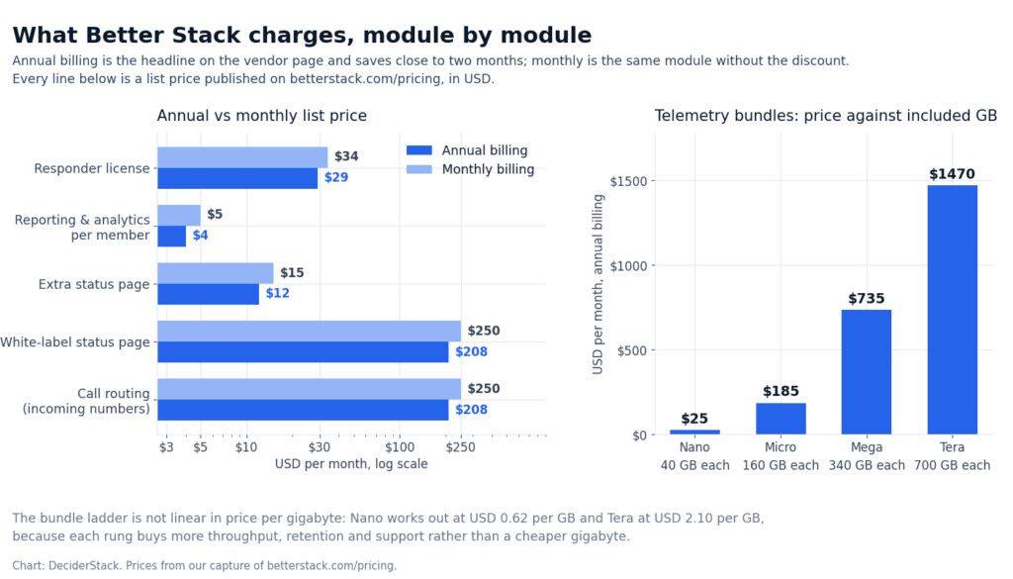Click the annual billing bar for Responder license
237,178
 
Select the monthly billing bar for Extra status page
215,273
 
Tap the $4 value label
200,236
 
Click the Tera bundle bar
953,310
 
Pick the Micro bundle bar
781,419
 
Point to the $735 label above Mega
867,299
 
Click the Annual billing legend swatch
418,150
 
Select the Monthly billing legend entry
470,169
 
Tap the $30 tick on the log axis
320,447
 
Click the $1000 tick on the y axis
628,265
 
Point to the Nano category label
694,447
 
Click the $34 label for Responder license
346,156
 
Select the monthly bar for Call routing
309,389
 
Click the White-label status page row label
75,341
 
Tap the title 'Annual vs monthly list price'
261,116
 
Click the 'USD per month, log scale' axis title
351,464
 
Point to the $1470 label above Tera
953,174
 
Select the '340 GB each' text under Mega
867,465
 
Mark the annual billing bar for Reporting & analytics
172,237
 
